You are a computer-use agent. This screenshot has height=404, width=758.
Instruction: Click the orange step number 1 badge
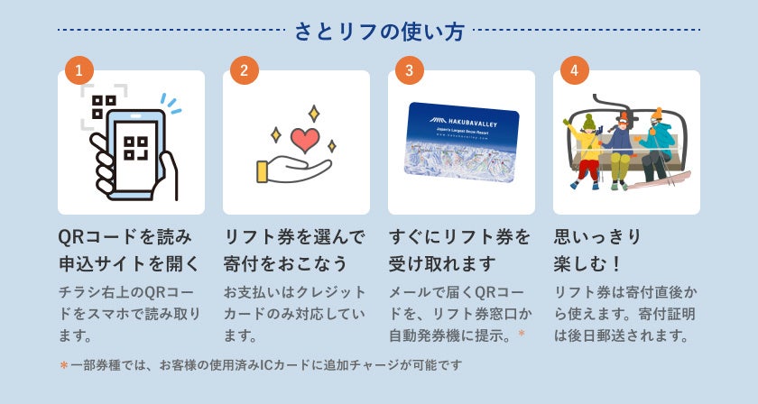(x=79, y=70)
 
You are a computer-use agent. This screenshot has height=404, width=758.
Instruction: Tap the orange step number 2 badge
(x=245, y=70)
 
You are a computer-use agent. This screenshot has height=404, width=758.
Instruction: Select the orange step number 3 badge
(x=410, y=70)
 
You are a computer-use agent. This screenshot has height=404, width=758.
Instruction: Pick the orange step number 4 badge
(x=575, y=70)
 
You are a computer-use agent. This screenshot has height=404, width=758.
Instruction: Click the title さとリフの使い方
(x=379, y=32)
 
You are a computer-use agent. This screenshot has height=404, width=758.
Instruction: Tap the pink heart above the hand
(x=305, y=140)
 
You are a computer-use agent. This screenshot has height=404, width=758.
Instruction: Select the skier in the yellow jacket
(x=587, y=144)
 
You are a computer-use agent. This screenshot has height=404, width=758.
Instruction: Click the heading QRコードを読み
(x=125, y=237)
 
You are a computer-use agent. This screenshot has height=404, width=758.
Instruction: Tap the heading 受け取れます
(x=442, y=264)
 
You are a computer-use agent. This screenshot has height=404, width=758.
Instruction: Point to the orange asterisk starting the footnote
(x=63, y=365)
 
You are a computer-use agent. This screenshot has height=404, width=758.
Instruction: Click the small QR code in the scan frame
(x=104, y=106)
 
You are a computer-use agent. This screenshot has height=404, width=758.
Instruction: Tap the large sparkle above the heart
(x=313, y=114)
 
